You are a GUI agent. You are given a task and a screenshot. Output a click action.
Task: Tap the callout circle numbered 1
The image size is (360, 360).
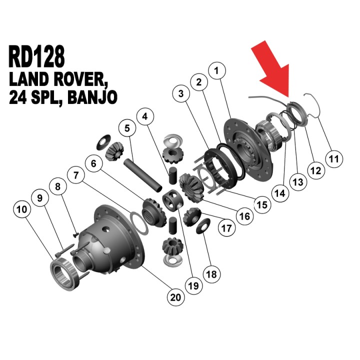[x=217, y=70]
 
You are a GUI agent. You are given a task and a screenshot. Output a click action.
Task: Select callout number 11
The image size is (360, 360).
[x=334, y=159]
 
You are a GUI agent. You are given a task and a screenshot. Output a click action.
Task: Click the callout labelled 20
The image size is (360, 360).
[x=175, y=297]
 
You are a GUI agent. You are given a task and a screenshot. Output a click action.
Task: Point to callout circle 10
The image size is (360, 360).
[x=22, y=209]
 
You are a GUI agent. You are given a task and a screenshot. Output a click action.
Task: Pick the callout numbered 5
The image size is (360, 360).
[x=127, y=128]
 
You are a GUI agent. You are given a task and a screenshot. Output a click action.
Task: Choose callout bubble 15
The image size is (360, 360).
[x=262, y=205]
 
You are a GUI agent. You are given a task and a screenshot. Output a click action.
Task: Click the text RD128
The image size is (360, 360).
[x=36, y=56]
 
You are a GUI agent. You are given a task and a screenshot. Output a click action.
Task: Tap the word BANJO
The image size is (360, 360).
[x=92, y=97]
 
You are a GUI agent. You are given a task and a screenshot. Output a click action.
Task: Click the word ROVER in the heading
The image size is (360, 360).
[x=81, y=79]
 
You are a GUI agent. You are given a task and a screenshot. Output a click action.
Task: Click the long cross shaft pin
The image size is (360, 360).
[x=142, y=175]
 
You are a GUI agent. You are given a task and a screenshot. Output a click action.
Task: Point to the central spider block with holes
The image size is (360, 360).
[x=173, y=199]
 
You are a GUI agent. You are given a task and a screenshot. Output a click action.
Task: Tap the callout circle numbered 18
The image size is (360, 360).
[x=211, y=274]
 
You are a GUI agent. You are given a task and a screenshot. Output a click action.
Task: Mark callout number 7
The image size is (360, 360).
[x=76, y=175]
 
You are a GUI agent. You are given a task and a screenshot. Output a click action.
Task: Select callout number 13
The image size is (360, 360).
[x=298, y=182]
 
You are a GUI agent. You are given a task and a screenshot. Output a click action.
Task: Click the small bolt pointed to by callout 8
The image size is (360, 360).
[x=75, y=234]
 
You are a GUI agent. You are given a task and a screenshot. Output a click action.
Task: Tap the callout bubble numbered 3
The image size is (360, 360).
[x=181, y=93]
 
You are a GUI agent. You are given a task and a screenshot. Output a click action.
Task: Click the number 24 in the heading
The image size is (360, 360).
[x=17, y=97]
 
